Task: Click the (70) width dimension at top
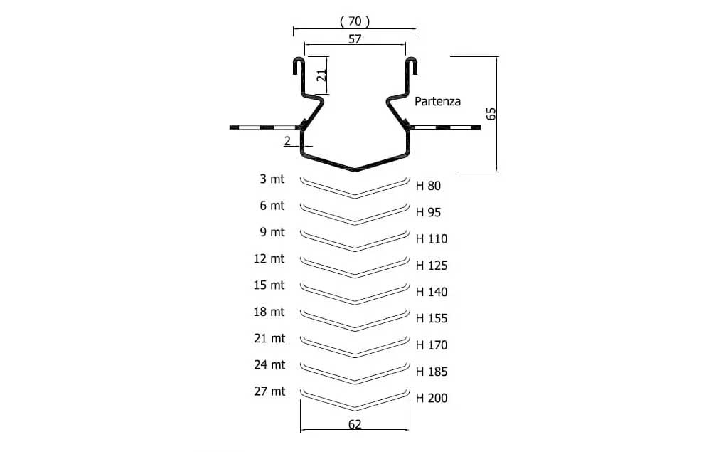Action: tap(355, 21)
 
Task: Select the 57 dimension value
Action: tap(355, 39)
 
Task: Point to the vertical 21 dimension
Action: tap(321, 75)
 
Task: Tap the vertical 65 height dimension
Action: tap(491, 113)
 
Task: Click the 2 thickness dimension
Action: tap(287, 141)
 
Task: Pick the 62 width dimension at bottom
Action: tap(355, 424)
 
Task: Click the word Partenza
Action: tap(437, 101)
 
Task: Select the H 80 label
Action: tap(428, 186)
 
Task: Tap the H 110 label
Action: tap(432, 238)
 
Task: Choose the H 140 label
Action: tap(432, 292)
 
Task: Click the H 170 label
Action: tap(432, 345)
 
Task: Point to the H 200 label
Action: tap(432, 398)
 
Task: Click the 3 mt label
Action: tap(272, 179)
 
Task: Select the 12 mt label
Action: tap(269, 258)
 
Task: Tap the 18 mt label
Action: tap(269, 312)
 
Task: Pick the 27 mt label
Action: tap(269, 391)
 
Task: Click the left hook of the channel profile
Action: tap(299, 65)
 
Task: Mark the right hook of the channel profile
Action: tap(411, 65)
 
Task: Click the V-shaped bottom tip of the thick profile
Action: tap(355, 169)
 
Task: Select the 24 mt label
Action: tap(269, 365)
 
